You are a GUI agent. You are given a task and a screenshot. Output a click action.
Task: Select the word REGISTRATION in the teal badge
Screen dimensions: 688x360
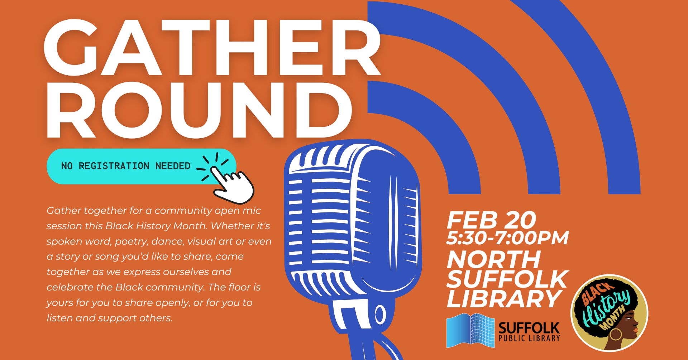(x=114, y=166)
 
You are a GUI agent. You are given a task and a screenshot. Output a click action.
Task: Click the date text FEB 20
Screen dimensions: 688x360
(x=491, y=220)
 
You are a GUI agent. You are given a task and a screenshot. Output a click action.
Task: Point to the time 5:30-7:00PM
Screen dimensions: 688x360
(x=507, y=238)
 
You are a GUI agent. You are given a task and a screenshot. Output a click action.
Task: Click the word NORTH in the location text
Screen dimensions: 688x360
(x=493, y=259)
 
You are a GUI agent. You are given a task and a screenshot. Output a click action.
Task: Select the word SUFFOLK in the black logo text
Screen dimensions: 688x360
(x=529, y=328)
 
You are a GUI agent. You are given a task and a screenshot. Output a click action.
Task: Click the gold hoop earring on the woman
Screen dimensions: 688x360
(x=616, y=334)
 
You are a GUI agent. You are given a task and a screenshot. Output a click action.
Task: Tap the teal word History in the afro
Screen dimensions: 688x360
(x=605, y=308)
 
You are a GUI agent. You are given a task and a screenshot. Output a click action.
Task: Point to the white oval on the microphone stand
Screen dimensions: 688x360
(x=380, y=315)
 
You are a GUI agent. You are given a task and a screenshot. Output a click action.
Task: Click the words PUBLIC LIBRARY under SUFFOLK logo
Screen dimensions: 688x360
(x=529, y=338)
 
